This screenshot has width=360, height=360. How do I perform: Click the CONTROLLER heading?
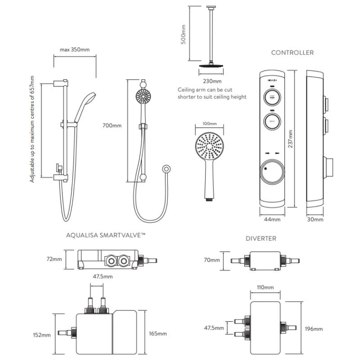pos(292,53)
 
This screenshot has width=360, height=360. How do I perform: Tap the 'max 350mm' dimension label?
pos(75,50)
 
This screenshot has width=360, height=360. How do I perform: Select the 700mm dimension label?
pos(112,126)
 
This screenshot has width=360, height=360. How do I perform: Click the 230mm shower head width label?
pos(212,81)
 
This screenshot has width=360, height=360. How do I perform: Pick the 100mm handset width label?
pos(210,123)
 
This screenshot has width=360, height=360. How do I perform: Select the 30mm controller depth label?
pos(315,220)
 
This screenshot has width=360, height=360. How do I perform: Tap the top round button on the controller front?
pos(272,97)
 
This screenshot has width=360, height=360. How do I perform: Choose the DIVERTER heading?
pos(261,238)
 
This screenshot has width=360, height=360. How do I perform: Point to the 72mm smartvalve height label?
pos(54,259)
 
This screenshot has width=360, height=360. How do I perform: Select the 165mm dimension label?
pos(157,333)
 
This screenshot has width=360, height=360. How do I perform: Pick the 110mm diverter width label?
pos(265,288)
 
